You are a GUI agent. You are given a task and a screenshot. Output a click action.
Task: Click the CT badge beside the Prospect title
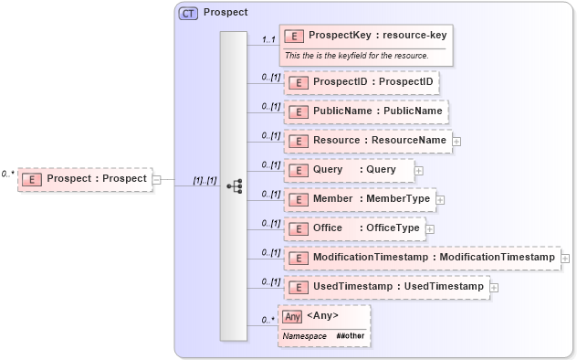pos(188,13)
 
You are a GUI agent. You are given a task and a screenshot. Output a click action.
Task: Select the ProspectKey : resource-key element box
pos(364,36)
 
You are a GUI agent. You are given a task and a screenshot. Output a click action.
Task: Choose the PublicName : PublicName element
pos(365,111)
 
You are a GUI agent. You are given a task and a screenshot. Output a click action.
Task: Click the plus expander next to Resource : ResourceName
pos(456,141)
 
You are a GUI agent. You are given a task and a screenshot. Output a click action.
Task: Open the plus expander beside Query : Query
pos(419,170)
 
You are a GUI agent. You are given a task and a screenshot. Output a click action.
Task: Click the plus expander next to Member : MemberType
pos(439,199)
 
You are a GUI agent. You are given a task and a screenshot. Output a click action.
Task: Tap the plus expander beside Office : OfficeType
pos(429,228)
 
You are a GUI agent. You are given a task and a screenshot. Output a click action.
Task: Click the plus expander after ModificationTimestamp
pos(565,259)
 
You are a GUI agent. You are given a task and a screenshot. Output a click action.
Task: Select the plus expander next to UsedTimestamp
pos(494,288)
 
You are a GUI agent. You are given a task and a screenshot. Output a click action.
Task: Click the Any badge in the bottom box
pos(291,316)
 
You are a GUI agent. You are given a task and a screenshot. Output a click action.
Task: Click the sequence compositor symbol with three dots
pos(235,185)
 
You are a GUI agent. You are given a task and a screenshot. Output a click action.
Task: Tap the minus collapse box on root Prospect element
pos(156,179)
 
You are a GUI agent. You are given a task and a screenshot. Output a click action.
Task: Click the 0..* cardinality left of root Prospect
pos(8,173)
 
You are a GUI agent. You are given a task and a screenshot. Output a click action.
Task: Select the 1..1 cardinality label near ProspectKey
pos(268,40)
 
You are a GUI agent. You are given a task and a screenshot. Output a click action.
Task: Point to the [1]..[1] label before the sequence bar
pos(204,180)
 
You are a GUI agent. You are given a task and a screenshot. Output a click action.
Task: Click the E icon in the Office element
pos(298,228)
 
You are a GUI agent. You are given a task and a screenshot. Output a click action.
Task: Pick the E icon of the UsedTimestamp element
pos(298,288)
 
